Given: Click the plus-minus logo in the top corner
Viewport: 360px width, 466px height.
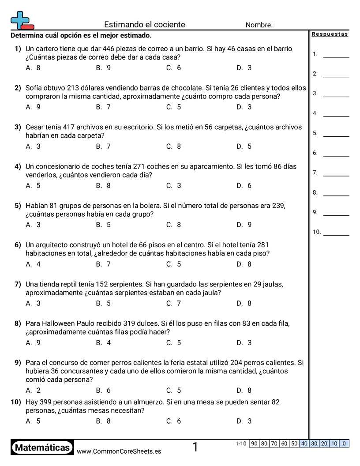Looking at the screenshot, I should (22, 20).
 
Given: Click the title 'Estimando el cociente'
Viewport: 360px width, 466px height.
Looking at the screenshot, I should (145, 25).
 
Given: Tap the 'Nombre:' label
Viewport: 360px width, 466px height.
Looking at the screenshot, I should (259, 25).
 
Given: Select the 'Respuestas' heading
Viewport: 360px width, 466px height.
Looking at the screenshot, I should (330, 34).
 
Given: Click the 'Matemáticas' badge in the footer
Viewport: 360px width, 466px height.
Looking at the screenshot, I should (42, 448).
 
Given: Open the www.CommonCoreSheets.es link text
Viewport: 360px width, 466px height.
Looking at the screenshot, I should (119, 451).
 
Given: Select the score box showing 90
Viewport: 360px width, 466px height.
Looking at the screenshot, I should (254, 443).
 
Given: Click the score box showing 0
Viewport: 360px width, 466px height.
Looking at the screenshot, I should (344, 443).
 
